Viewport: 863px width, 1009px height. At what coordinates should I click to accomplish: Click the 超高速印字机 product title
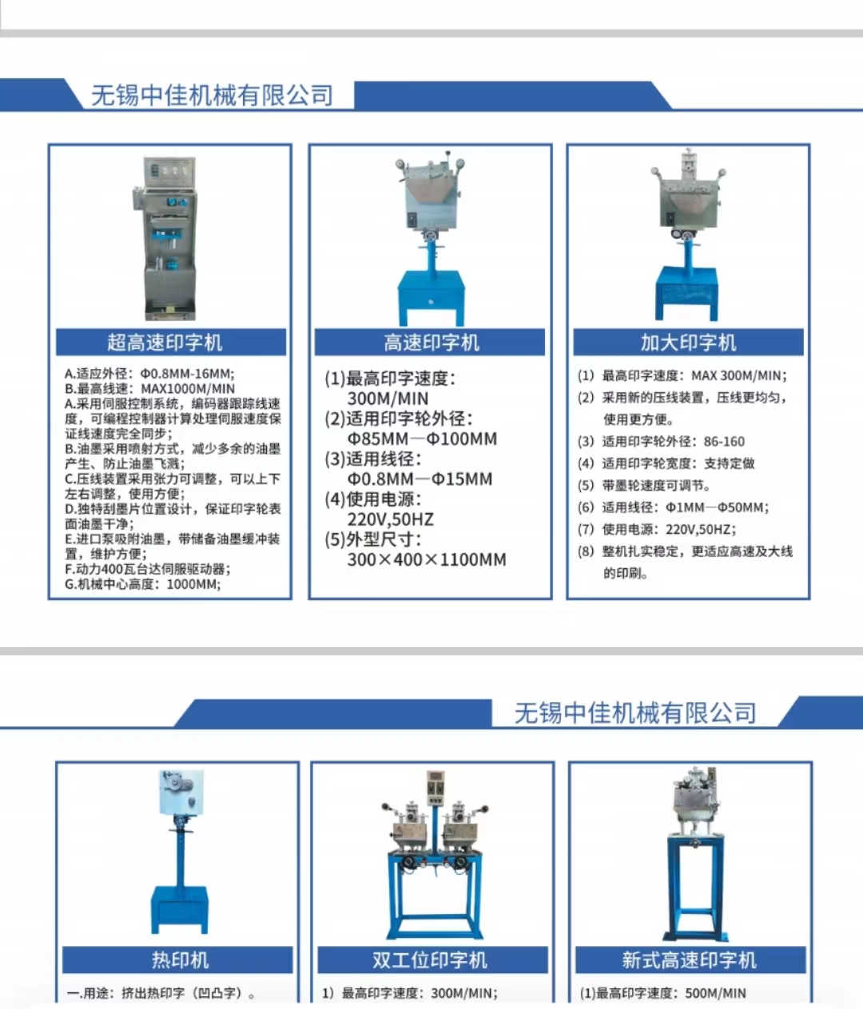(x=165, y=343)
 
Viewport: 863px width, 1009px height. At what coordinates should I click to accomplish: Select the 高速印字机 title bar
(x=431, y=343)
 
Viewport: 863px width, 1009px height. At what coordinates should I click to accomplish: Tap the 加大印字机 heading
(x=688, y=343)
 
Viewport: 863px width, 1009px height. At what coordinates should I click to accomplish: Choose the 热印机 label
(x=180, y=959)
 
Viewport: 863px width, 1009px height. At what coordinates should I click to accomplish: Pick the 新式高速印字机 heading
(x=689, y=959)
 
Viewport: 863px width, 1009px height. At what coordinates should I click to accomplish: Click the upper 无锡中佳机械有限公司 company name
(x=212, y=96)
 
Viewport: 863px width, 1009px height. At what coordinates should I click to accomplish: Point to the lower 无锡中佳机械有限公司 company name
(x=635, y=713)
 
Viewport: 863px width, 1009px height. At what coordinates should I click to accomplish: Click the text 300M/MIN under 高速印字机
(x=388, y=399)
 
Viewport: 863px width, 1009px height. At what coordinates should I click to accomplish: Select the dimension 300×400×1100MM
(x=427, y=559)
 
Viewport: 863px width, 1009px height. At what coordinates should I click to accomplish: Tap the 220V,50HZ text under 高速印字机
(x=390, y=519)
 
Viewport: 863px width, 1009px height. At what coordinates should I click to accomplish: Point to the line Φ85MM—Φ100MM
(x=422, y=439)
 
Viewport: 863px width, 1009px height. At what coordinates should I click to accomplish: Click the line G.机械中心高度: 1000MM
(x=143, y=584)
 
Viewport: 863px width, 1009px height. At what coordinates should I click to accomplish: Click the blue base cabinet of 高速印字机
(x=431, y=294)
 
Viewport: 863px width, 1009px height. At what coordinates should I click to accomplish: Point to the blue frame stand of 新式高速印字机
(x=691, y=887)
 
